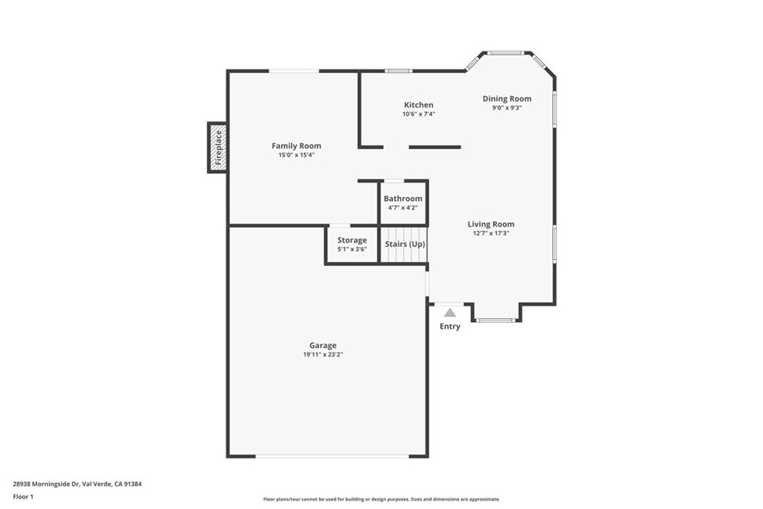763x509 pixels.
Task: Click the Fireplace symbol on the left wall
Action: (218, 148)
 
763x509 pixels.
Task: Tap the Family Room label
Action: (296, 146)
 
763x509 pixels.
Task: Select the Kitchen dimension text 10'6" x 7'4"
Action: (418, 114)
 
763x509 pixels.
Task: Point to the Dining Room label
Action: (507, 98)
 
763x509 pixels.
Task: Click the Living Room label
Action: (490, 224)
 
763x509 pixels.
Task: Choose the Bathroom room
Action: (403, 202)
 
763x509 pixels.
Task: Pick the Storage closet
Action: (352, 244)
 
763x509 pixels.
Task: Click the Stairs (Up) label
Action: (405, 244)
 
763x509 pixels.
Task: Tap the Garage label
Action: (323, 345)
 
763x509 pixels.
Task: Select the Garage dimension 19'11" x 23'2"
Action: (323, 355)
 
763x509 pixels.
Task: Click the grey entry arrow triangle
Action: (450, 313)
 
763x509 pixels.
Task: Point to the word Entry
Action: (450, 326)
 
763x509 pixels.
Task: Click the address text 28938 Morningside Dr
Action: (46, 484)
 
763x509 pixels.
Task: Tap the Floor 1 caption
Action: (23, 496)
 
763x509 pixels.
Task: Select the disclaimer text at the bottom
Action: (381, 499)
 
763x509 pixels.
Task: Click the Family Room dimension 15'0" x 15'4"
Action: (296, 155)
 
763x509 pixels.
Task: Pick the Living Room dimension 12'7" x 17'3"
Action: (490, 233)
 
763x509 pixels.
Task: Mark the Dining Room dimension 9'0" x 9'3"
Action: (507, 107)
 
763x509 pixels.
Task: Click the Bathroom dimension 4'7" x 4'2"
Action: (403, 207)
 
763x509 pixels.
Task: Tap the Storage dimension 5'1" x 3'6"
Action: (352, 249)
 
